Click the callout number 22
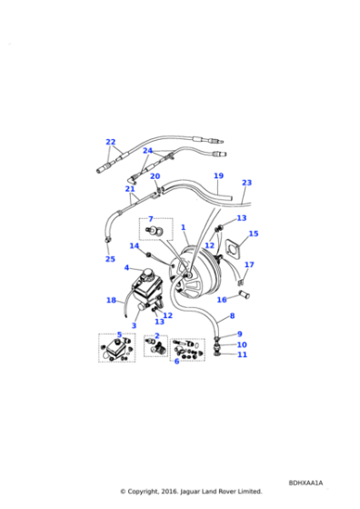click(111, 142)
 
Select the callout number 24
click(147, 151)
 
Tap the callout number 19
click(218, 176)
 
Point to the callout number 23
click(246, 183)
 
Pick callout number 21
click(130, 189)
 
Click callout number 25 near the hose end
click(110, 259)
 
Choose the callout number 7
click(151, 219)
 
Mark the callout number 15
click(254, 234)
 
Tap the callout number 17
click(249, 265)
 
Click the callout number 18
click(111, 300)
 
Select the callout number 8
click(232, 316)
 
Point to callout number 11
click(242, 354)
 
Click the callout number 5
click(119, 334)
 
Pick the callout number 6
click(176, 361)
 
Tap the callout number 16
click(222, 299)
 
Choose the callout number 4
click(126, 268)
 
